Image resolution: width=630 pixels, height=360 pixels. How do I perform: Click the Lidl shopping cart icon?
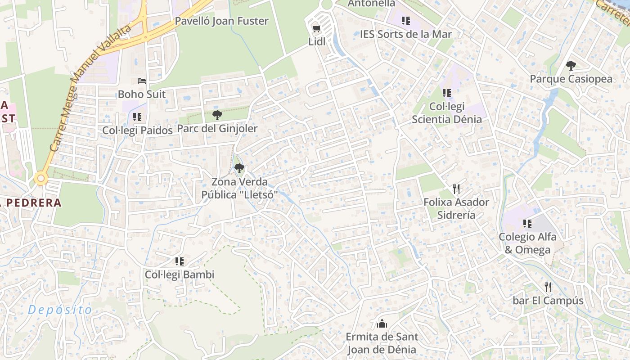coord(316,29)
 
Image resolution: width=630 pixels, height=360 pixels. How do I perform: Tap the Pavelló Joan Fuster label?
coord(221,21)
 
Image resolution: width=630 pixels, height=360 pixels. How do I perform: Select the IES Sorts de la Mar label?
coord(405,34)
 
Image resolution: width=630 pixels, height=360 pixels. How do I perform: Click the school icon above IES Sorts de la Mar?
coord(405,20)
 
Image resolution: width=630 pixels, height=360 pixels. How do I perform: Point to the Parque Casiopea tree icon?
coord(571,66)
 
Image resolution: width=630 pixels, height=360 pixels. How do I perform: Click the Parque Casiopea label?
coord(571,79)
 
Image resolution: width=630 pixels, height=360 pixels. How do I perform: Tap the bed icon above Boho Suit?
coord(142,81)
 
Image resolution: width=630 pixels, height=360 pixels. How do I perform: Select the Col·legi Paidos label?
coord(137,130)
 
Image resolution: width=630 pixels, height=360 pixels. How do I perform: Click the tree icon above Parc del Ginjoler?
coord(217,115)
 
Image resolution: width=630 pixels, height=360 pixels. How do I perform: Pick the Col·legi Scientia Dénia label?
coord(446,113)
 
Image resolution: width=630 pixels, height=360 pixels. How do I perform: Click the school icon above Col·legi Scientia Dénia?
coord(446,93)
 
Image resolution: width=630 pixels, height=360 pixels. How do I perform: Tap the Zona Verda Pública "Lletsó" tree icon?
coord(239,169)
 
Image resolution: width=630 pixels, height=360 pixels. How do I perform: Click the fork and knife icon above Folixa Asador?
coord(456,189)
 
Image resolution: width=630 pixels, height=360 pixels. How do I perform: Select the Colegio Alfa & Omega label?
coord(527,243)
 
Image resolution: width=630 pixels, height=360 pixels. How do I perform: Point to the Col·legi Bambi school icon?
coord(180,261)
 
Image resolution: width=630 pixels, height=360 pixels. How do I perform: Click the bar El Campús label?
coord(548,301)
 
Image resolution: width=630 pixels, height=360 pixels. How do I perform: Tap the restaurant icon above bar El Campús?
coord(548,287)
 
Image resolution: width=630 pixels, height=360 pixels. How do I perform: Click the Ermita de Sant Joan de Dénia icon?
coord(382,323)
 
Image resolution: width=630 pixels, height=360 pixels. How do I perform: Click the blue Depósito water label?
coord(60,310)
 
